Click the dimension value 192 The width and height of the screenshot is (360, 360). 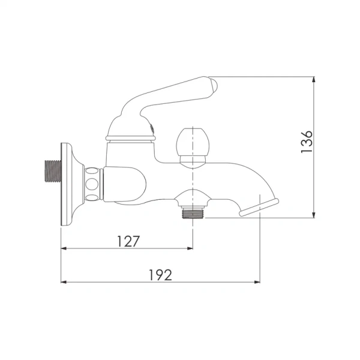coord(160,275)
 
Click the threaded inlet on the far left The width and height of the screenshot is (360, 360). coord(53,171)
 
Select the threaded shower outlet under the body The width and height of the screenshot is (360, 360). coord(192,212)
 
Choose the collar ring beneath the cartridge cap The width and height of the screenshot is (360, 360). coord(130,139)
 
